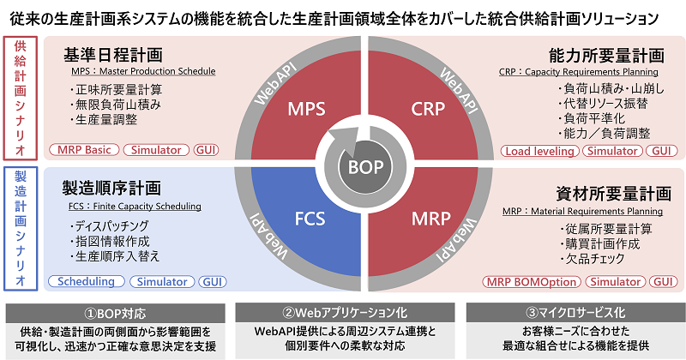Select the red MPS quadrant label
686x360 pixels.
pyautogui.click(x=305, y=110)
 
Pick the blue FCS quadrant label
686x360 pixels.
pyautogui.click(x=305, y=222)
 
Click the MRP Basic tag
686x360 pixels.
pyautogui.click(x=86, y=150)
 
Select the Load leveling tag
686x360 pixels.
pyautogui.click(x=539, y=151)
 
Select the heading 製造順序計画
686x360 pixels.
pyautogui.click(x=112, y=188)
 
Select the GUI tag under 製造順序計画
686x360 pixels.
pyautogui.click(x=212, y=281)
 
